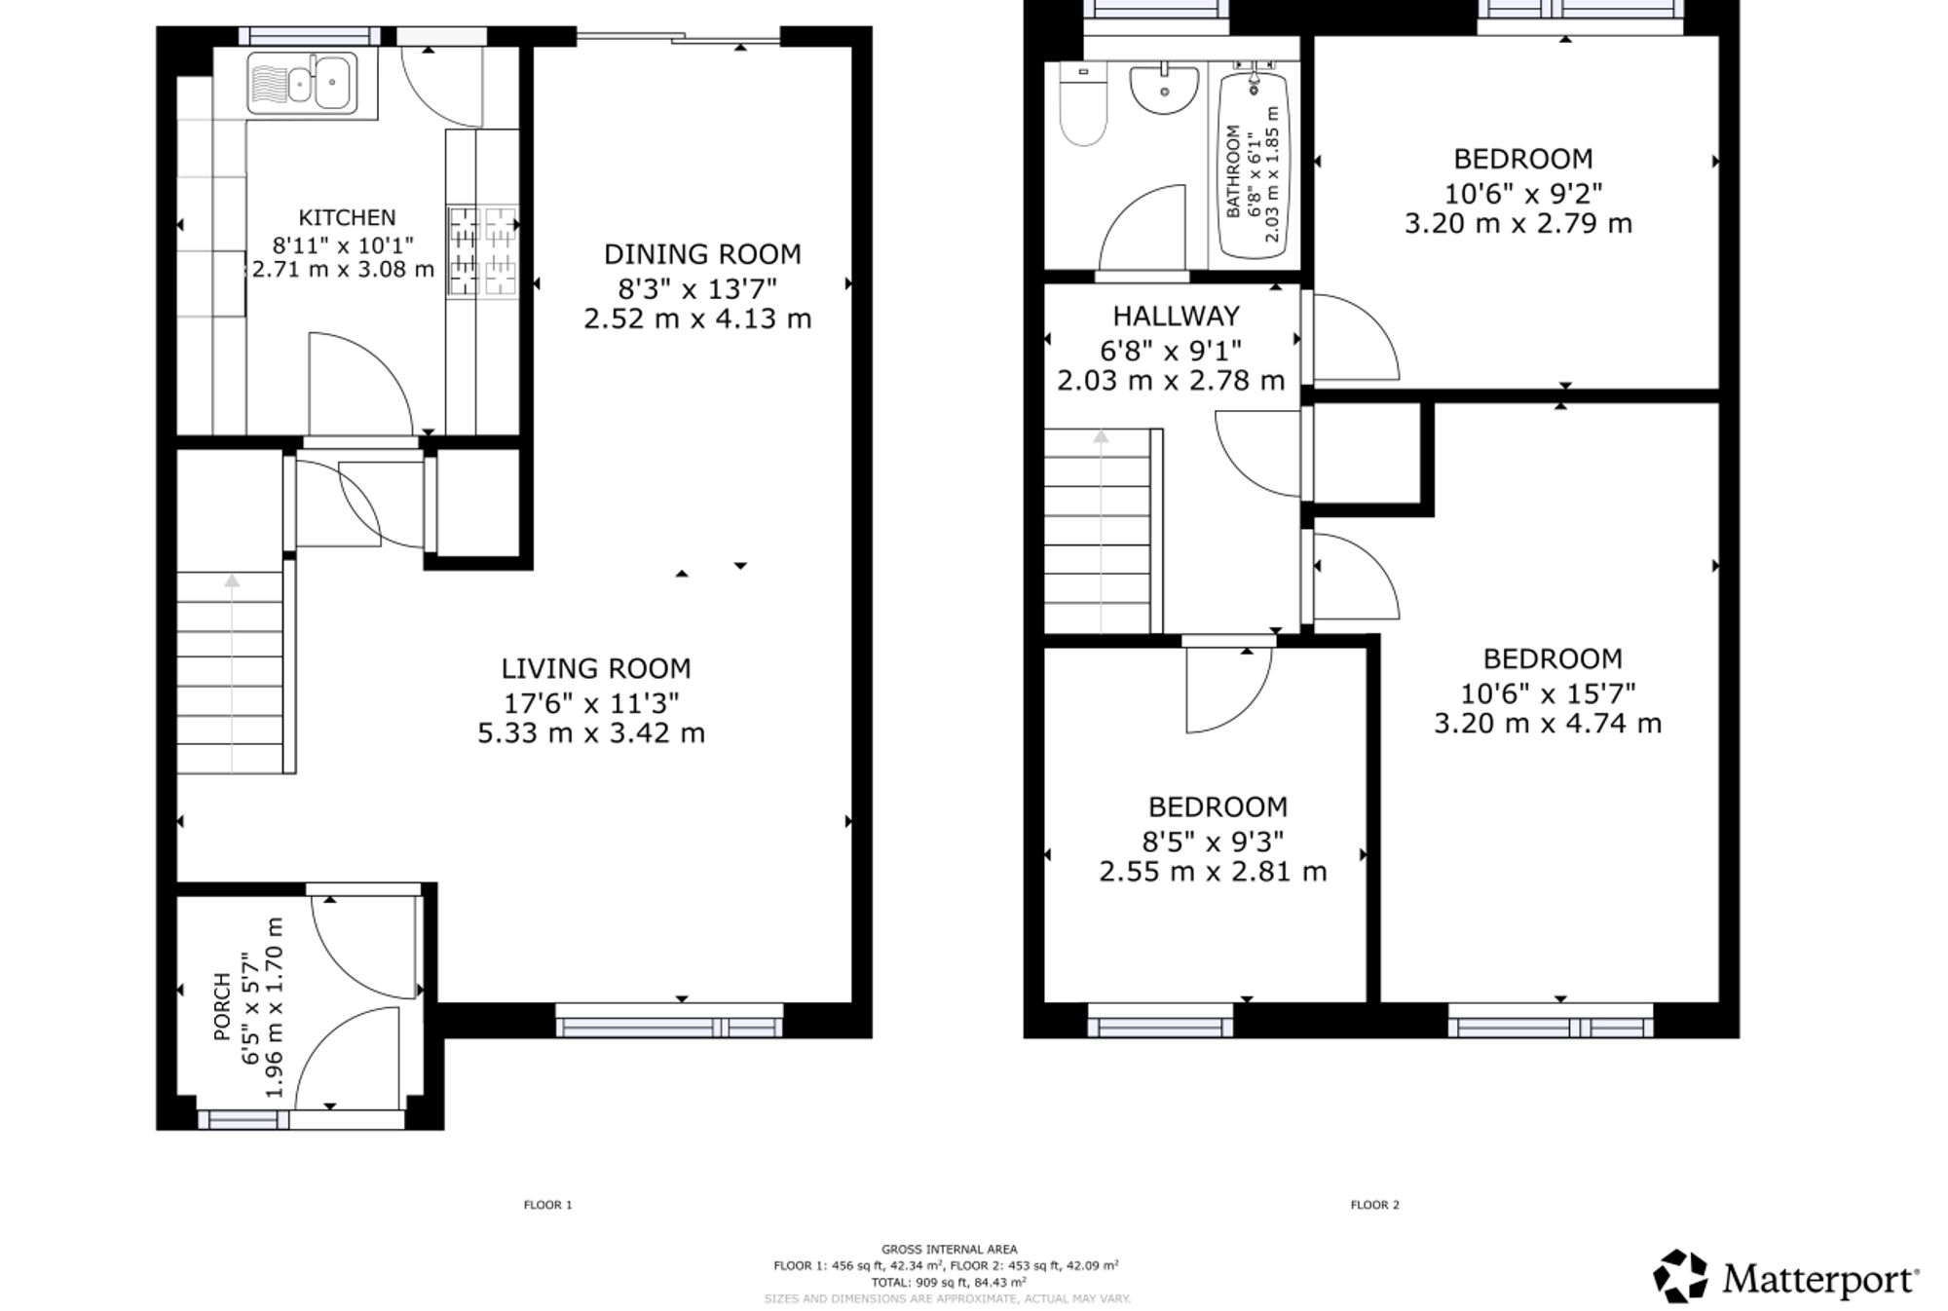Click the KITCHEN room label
click(x=347, y=217)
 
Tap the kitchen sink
click(x=302, y=83)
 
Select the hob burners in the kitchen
click(x=482, y=251)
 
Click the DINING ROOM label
click(x=702, y=254)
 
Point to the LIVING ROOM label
click(x=596, y=669)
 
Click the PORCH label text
click(x=222, y=1006)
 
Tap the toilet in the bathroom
click(x=1082, y=105)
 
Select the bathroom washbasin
click(x=1164, y=88)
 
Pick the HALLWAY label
click(x=1176, y=316)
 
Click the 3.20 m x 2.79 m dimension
click(x=1517, y=224)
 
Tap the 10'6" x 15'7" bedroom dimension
click(x=1548, y=693)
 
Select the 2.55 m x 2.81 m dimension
click(x=1213, y=872)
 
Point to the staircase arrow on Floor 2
click(x=1101, y=531)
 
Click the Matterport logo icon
click(x=1680, y=1276)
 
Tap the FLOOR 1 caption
click(x=548, y=1205)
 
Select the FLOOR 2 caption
click(x=1374, y=1205)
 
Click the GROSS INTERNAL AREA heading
click(x=949, y=1250)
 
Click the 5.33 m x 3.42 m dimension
click(x=591, y=733)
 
